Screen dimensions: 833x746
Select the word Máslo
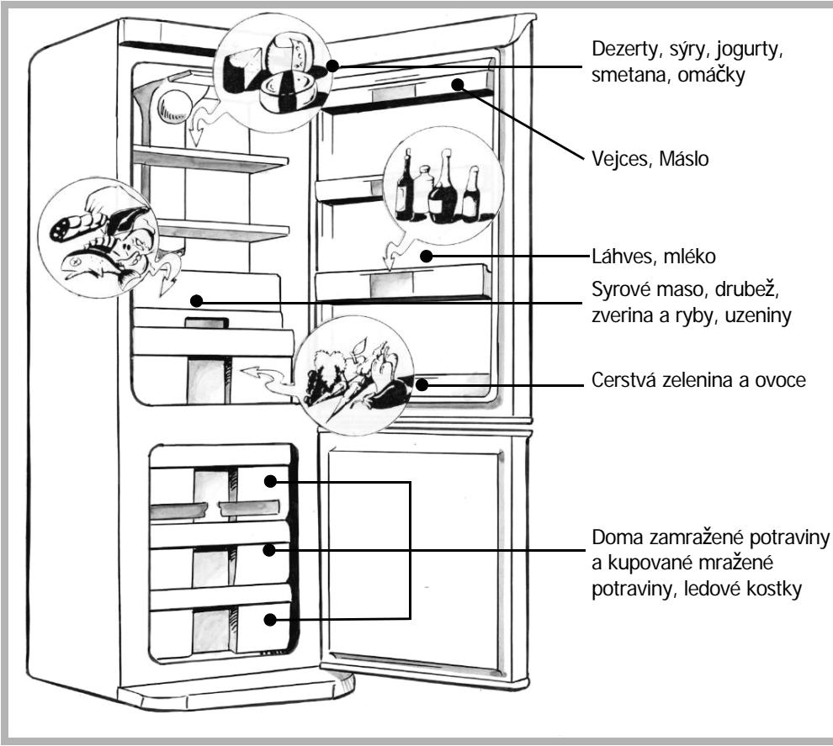coord(684,158)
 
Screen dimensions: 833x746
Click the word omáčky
coord(711,75)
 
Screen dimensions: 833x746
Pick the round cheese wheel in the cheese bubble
coord(289,92)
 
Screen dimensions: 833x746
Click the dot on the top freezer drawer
coord(270,482)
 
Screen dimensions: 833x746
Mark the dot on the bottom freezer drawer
coord(270,620)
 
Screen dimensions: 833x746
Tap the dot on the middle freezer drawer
coord(269,550)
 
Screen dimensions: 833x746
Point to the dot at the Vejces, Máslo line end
coord(458,84)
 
